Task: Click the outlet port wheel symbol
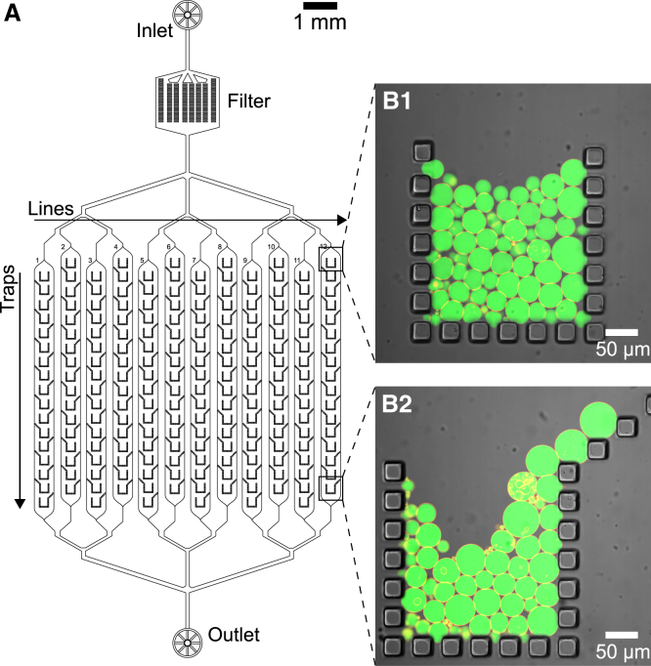pyautogui.click(x=185, y=642)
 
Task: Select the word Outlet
pyautogui.click(x=234, y=636)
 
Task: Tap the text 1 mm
pyautogui.click(x=320, y=23)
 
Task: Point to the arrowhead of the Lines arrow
pyautogui.click(x=341, y=220)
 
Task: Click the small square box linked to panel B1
pyautogui.click(x=331, y=261)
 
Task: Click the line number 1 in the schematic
pyautogui.click(x=37, y=260)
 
